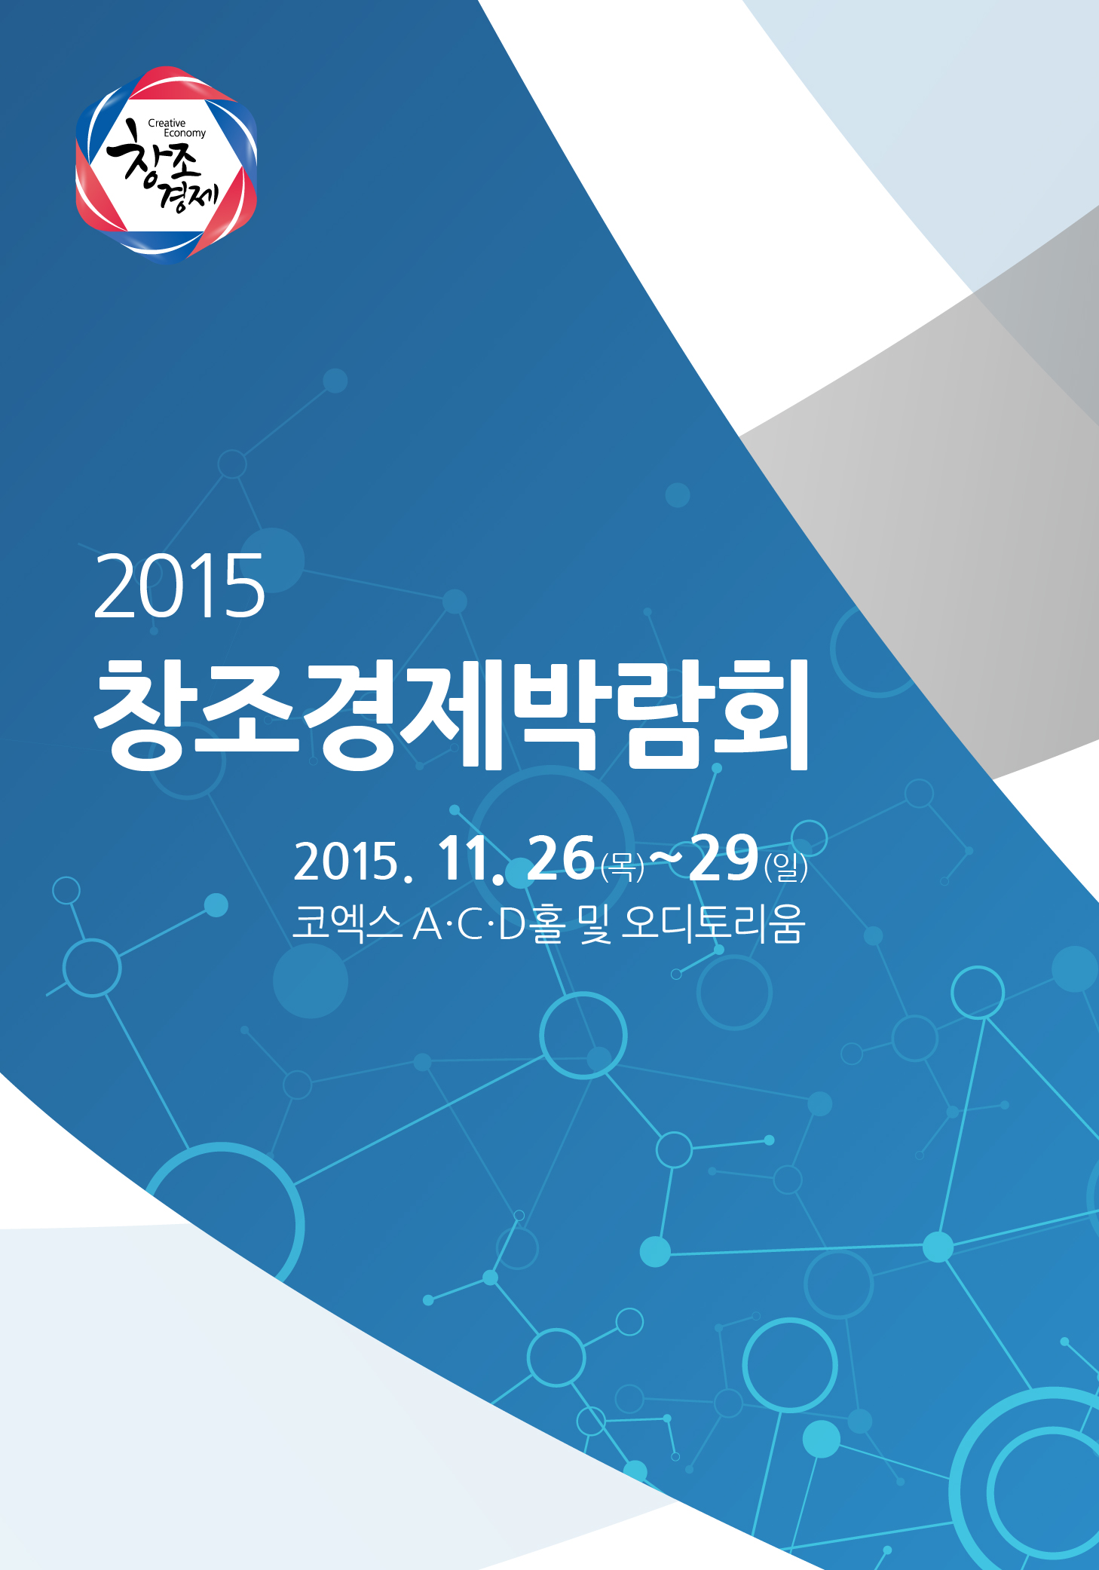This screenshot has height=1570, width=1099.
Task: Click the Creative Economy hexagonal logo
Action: [x=167, y=164]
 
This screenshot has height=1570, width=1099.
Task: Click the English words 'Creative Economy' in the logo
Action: [x=177, y=127]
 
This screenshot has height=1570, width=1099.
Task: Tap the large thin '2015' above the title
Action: [x=179, y=586]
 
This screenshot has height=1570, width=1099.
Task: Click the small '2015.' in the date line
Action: [x=353, y=862]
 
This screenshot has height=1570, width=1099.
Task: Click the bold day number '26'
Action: [x=562, y=858]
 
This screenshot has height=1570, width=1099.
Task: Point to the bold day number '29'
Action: [x=724, y=858]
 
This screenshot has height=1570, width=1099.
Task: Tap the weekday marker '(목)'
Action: [x=622, y=866]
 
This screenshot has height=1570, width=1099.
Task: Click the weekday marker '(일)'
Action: [x=785, y=867]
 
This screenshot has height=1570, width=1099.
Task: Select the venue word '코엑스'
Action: [x=347, y=923]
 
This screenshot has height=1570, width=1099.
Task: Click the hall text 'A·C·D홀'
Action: [x=488, y=924]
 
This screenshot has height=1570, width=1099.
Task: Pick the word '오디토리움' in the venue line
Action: [x=713, y=924]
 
